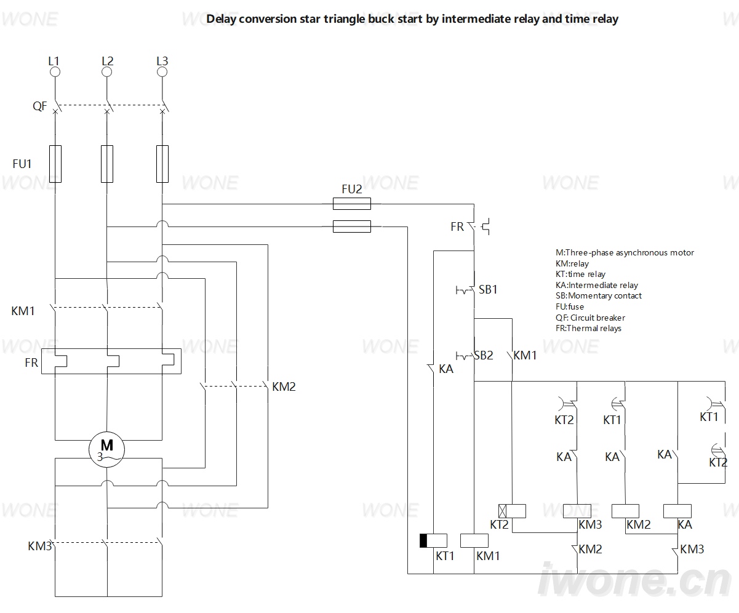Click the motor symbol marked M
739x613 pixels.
[x=106, y=449]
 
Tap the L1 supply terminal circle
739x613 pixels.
[x=55, y=72]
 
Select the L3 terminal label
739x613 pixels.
[x=162, y=61]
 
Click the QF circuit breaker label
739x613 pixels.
[x=39, y=106]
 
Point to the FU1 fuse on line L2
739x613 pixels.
[x=107, y=164]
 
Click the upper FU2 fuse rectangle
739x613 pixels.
[x=352, y=204]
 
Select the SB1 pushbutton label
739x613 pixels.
[x=488, y=290]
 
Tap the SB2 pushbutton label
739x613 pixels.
[x=484, y=355]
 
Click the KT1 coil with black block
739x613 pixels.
[x=433, y=541]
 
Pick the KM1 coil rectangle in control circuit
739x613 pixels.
[x=474, y=541]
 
